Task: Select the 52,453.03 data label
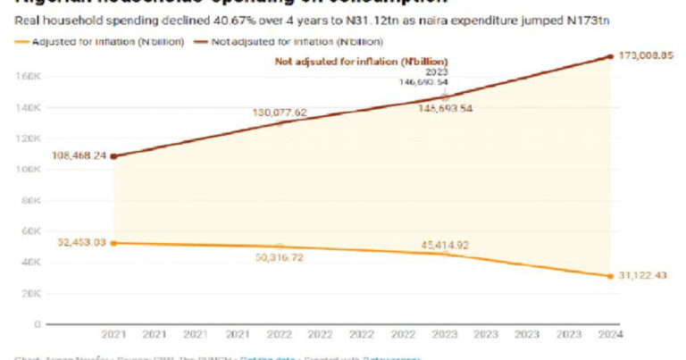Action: [x=79, y=243]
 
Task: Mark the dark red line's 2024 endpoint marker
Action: [x=609, y=56]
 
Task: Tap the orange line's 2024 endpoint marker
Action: [x=609, y=275]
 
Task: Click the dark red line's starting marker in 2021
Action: [x=113, y=156]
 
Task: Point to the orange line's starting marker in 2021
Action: [x=113, y=243]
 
